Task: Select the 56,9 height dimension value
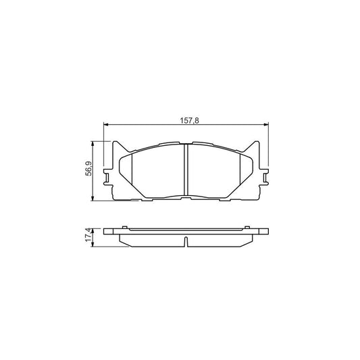point(88,169)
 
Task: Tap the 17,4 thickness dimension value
point(88,235)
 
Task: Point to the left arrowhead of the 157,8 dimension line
point(105,124)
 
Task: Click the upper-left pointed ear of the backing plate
point(116,145)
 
